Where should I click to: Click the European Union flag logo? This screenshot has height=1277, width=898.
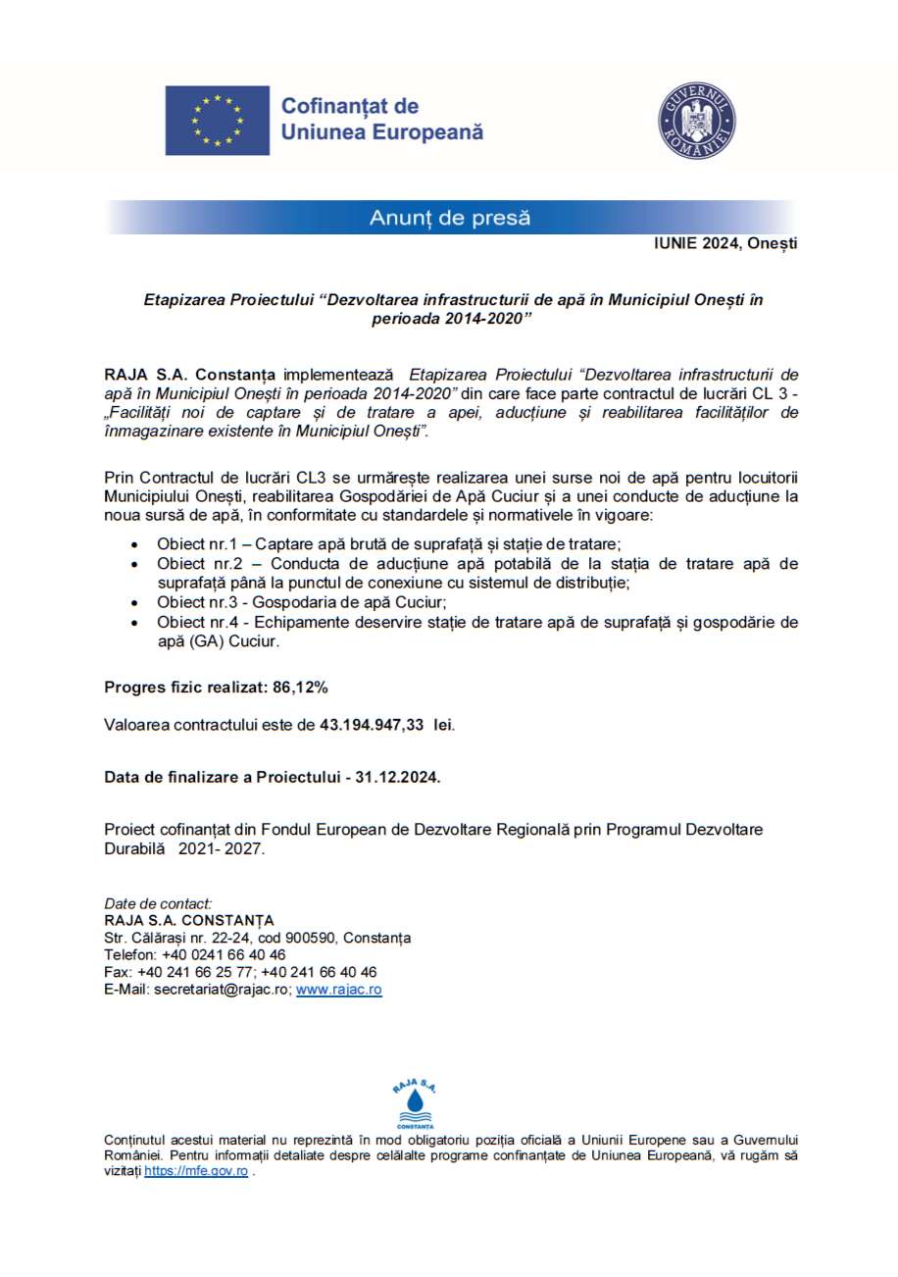tap(217, 121)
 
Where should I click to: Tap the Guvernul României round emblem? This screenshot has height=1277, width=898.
tap(697, 122)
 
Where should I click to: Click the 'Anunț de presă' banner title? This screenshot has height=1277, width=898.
tap(450, 218)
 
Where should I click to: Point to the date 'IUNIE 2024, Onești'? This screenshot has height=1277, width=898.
tap(725, 244)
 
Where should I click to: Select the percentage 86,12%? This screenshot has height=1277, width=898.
tap(301, 687)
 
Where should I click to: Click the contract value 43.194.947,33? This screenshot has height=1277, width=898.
tap(372, 726)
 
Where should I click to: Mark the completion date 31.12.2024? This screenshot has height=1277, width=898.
tap(398, 777)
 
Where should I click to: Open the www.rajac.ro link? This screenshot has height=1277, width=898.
tap(338, 990)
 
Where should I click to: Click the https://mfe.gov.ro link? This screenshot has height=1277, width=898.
tap(196, 1171)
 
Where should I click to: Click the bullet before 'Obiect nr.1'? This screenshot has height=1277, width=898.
tap(134, 543)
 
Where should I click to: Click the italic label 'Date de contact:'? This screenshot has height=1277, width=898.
tap(158, 902)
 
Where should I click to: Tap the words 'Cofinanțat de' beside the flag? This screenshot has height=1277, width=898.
tap(350, 106)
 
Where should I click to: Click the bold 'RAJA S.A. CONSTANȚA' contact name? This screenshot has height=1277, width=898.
tap(189, 920)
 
